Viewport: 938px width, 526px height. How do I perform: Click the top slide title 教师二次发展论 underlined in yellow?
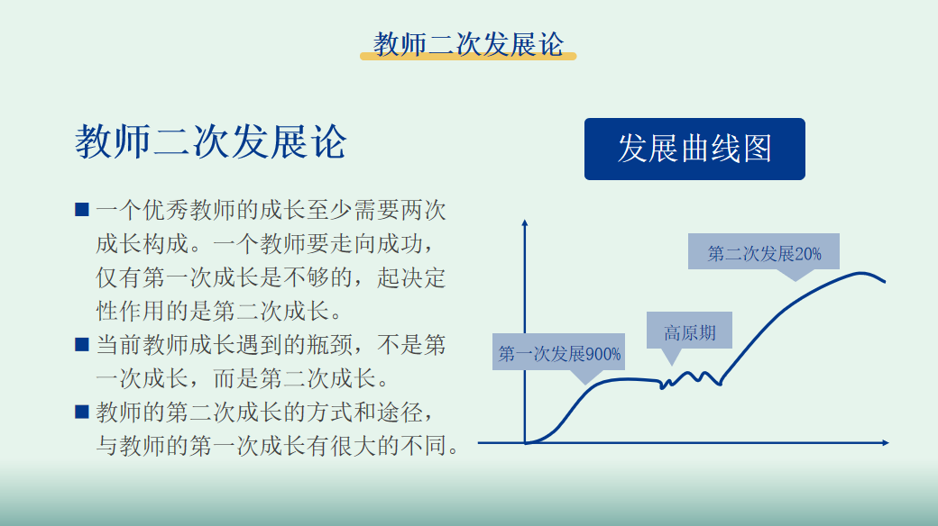point(468,44)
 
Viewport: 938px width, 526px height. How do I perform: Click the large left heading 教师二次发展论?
point(210,142)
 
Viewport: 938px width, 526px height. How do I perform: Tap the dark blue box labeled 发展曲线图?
point(694,149)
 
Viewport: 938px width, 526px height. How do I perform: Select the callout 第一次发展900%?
point(558,353)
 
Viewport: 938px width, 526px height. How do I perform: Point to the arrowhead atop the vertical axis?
point(525,223)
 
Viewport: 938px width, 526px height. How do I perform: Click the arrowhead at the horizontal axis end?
point(886,443)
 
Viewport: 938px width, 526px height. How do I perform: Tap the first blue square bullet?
point(82,209)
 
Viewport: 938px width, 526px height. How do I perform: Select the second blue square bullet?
point(82,344)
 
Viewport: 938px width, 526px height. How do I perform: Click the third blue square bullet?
point(82,412)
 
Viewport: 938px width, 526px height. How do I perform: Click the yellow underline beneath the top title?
point(468,56)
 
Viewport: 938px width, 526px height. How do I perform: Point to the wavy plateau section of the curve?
point(691,379)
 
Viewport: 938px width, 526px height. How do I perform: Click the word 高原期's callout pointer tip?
point(672,365)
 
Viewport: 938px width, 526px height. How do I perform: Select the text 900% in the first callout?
point(603,355)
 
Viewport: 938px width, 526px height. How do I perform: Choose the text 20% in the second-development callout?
point(808,254)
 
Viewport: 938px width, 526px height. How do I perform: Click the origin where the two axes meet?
point(525,443)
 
